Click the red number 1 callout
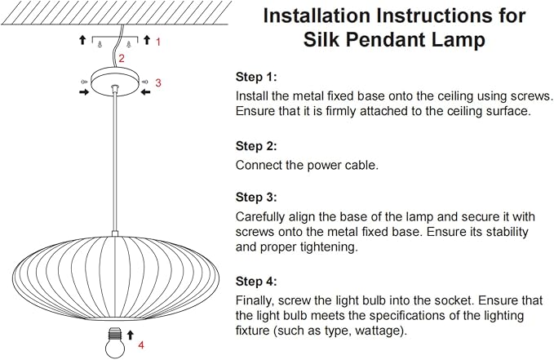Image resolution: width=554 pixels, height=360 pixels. click(158, 42)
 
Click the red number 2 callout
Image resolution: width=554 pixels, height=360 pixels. click(122, 58)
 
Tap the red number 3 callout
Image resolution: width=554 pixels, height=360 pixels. click(158, 82)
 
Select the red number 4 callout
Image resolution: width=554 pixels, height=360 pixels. click(141, 344)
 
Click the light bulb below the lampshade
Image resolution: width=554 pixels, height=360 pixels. click(115, 342)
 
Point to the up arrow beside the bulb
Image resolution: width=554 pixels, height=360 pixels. click(131, 335)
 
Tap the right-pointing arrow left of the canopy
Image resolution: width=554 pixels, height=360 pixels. click(84, 92)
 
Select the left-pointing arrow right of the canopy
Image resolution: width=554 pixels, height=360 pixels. click(145, 92)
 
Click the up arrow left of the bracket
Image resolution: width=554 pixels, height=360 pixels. click(82, 40)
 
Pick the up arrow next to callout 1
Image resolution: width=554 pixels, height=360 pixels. click(147, 40)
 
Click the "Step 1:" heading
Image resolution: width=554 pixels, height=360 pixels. click(256, 77)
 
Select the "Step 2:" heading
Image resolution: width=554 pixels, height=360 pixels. click(256, 146)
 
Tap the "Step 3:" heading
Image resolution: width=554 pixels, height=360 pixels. click(256, 197)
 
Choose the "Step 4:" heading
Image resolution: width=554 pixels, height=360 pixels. click(256, 282)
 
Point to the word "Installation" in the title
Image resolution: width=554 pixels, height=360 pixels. click(317, 16)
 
